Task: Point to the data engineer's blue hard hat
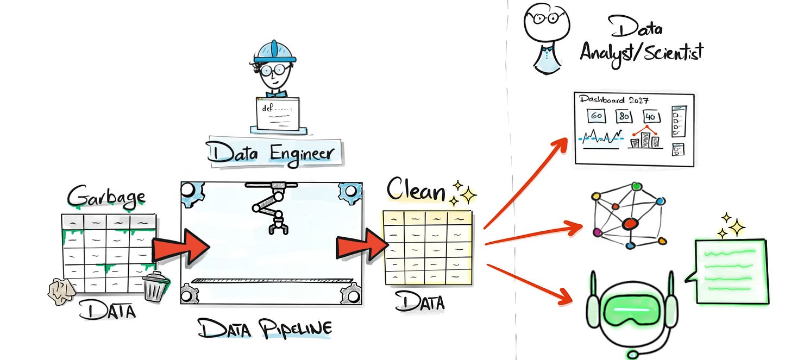275,53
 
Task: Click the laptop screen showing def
277,113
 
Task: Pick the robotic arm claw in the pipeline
277,223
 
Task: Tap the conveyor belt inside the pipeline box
272,281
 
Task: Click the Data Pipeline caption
265,329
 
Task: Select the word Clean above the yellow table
416,191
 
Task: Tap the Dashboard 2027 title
614,100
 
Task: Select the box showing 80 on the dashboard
624,117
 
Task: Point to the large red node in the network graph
630,223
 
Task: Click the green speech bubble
731,270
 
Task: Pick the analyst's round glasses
543,18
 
